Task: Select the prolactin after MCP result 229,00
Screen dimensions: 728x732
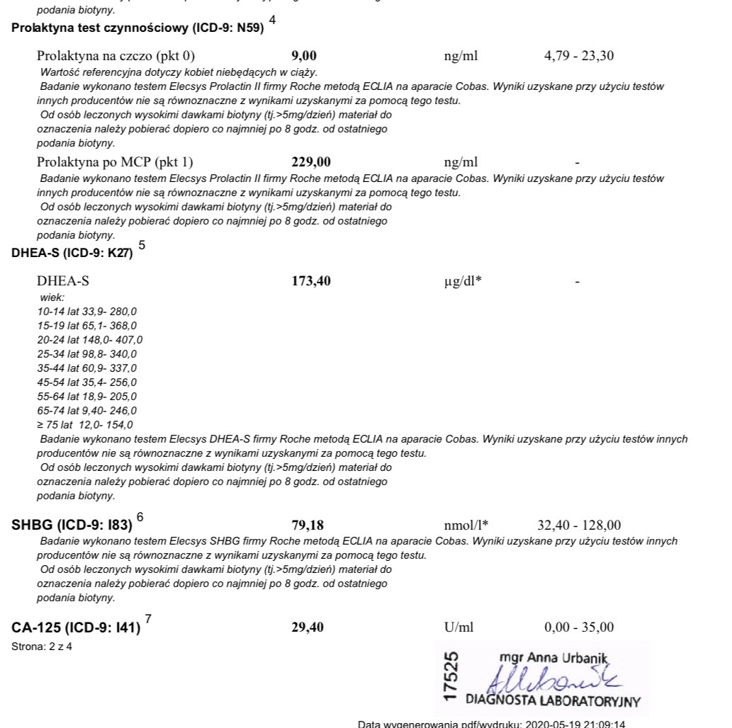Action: [x=311, y=161]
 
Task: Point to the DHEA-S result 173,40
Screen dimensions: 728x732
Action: [x=311, y=282]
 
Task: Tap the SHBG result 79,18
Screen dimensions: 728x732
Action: [x=308, y=525]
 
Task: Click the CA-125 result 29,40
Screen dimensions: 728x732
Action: [x=308, y=627]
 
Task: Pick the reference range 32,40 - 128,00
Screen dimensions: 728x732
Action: [x=579, y=525]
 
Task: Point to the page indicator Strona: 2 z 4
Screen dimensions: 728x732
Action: [x=42, y=647]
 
